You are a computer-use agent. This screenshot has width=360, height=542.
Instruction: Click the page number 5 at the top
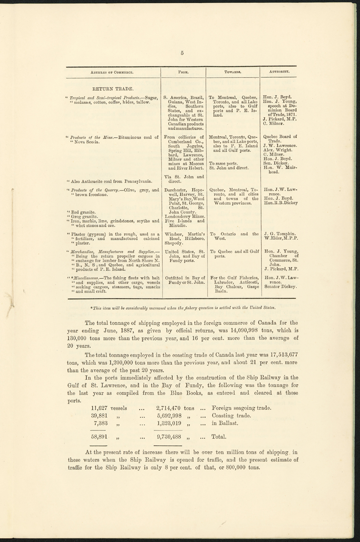182,53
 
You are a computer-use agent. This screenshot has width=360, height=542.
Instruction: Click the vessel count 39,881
102,417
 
